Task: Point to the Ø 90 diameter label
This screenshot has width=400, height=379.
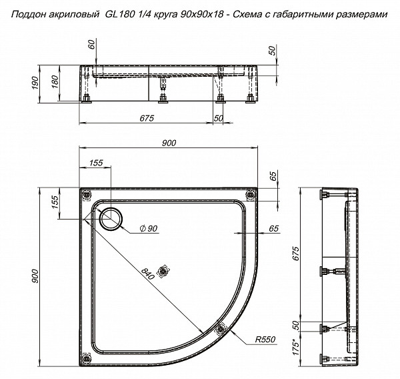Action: [148, 229]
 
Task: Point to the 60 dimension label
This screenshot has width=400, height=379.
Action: [92, 48]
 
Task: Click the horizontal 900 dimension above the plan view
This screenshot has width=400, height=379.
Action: [169, 142]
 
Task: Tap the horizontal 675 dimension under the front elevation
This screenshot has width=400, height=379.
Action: [148, 118]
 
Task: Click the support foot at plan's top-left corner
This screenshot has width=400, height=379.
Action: [85, 194]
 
